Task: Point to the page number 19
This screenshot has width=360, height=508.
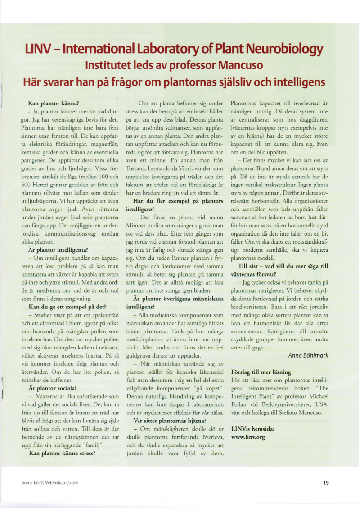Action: click(x=326, y=483)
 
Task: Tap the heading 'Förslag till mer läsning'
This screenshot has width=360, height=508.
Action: click(x=261, y=372)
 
